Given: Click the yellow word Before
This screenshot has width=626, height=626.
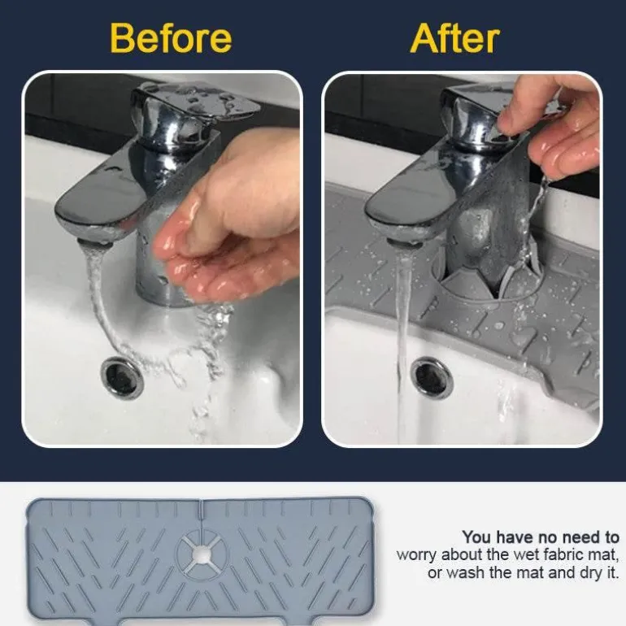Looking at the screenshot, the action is pyautogui.click(x=171, y=38).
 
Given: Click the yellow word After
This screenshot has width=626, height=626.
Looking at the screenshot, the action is pyautogui.click(x=454, y=38).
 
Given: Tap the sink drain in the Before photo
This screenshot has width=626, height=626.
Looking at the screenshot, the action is pyautogui.click(x=122, y=377).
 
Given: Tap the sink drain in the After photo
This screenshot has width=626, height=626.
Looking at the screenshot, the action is pyautogui.click(x=433, y=376).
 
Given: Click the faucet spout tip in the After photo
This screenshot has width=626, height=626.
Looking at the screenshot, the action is pyautogui.click(x=404, y=242).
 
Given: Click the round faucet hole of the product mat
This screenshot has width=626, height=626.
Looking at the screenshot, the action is pyautogui.click(x=202, y=554).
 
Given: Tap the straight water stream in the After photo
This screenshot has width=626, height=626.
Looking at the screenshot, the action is pyautogui.click(x=403, y=343).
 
